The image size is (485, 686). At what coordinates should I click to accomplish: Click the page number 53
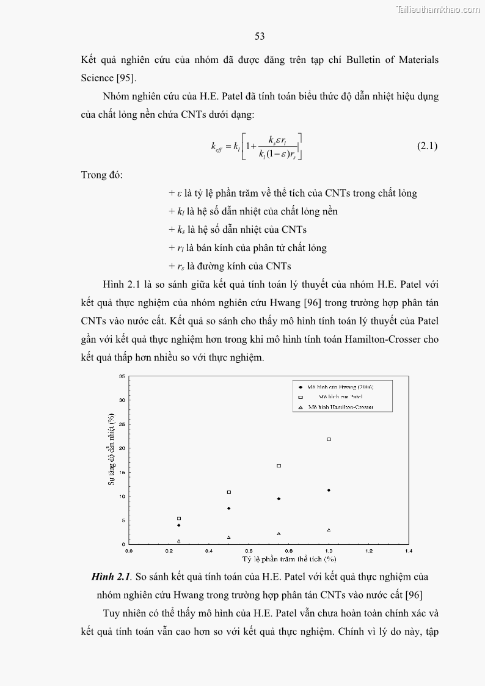[x=260, y=37]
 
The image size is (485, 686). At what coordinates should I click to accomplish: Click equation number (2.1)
[x=427, y=146]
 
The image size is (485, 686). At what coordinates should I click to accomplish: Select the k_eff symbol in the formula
[x=217, y=147]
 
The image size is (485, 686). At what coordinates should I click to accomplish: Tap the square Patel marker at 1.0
[x=329, y=439]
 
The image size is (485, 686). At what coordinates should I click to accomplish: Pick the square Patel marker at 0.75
[x=279, y=466]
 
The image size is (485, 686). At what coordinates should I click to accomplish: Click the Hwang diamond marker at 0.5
[x=228, y=508]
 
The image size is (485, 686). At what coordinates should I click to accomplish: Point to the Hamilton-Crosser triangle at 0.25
[x=179, y=541]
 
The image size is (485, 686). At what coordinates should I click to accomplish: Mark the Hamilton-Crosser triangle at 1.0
[x=329, y=530]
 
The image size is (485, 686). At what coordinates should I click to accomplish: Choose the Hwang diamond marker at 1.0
[x=329, y=490]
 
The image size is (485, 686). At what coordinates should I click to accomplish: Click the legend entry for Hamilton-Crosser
[x=340, y=406]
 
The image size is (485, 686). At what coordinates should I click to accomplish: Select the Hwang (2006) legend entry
[x=340, y=387]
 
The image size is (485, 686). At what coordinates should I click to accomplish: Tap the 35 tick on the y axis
[x=122, y=376]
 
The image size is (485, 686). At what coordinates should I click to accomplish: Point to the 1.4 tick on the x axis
[x=409, y=550]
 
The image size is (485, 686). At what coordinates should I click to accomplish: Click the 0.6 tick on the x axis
[x=249, y=550]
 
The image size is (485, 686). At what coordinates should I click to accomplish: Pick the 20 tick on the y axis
[x=122, y=448]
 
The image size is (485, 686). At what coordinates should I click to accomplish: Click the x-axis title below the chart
[x=289, y=558]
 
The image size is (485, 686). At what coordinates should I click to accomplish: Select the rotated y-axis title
[x=112, y=449]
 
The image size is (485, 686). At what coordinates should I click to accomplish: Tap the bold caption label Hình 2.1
[x=111, y=576]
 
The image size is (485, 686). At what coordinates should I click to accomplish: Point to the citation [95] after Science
[x=126, y=78]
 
